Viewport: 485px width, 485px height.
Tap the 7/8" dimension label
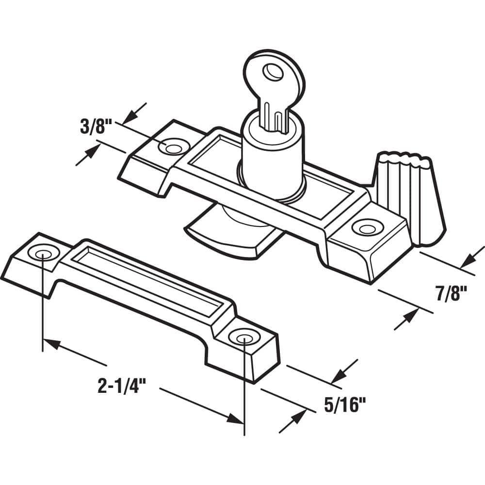[451, 293]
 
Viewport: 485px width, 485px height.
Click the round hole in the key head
[273, 72]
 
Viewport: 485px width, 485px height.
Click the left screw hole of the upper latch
[173, 148]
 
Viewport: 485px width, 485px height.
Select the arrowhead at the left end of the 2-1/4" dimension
[51, 344]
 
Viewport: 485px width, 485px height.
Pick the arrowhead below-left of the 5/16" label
[296, 420]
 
